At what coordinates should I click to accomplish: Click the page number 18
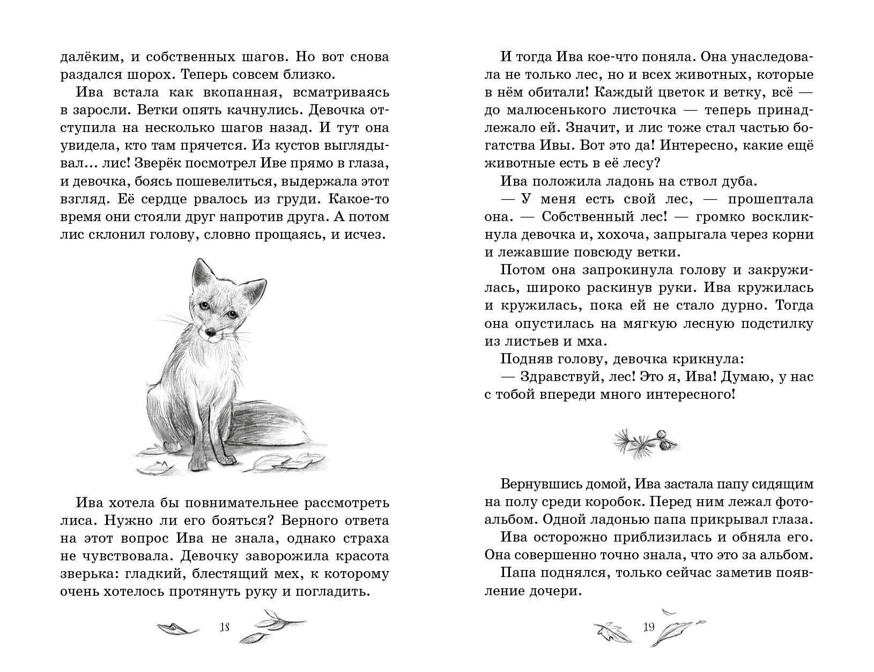click(225, 626)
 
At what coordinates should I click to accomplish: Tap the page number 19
click(649, 626)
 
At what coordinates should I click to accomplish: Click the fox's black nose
click(211, 333)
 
